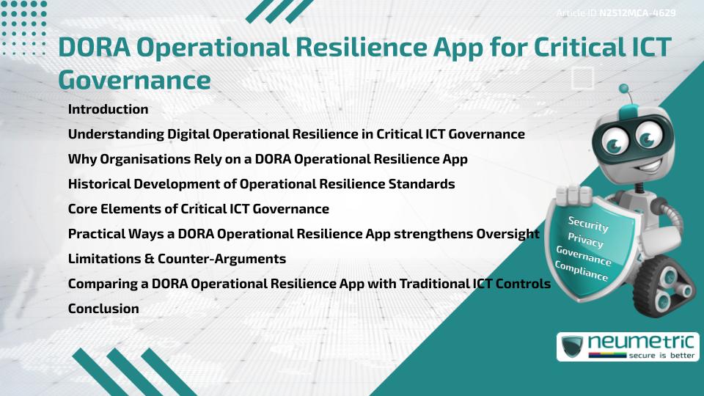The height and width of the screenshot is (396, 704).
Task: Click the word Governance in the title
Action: click(134, 78)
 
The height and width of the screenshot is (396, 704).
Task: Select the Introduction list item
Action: click(108, 109)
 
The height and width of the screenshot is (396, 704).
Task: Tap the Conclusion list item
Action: click(103, 309)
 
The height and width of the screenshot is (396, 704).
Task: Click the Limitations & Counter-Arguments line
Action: click(177, 259)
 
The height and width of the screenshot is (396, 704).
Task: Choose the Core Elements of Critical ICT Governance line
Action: click(198, 209)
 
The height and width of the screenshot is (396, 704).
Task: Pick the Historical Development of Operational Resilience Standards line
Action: click(261, 184)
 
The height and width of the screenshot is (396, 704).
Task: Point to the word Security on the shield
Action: click(588, 224)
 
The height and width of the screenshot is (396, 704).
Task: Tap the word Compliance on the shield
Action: click(582, 271)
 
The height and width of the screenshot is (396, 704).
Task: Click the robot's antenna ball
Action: click(625, 89)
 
